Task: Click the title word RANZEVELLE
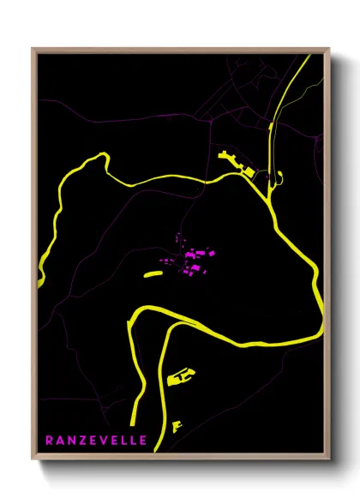pyautogui.click(x=96, y=441)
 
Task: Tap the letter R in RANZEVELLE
pyautogui.click(x=49, y=441)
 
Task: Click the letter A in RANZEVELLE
pyautogui.click(x=59, y=441)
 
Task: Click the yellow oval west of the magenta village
pyautogui.click(x=152, y=274)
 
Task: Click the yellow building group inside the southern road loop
pyautogui.click(x=181, y=375)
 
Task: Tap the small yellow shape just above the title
pyautogui.click(x=177, y=424)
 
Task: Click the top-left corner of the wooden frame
pyautogui.click(x=33, y=49)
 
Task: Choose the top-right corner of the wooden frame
pyautogui.click(x=329, y=49)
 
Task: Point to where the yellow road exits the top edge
pyautogui.click(x=301, y=54)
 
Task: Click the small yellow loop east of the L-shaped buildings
pyautogui.click(x=276, y=179)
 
